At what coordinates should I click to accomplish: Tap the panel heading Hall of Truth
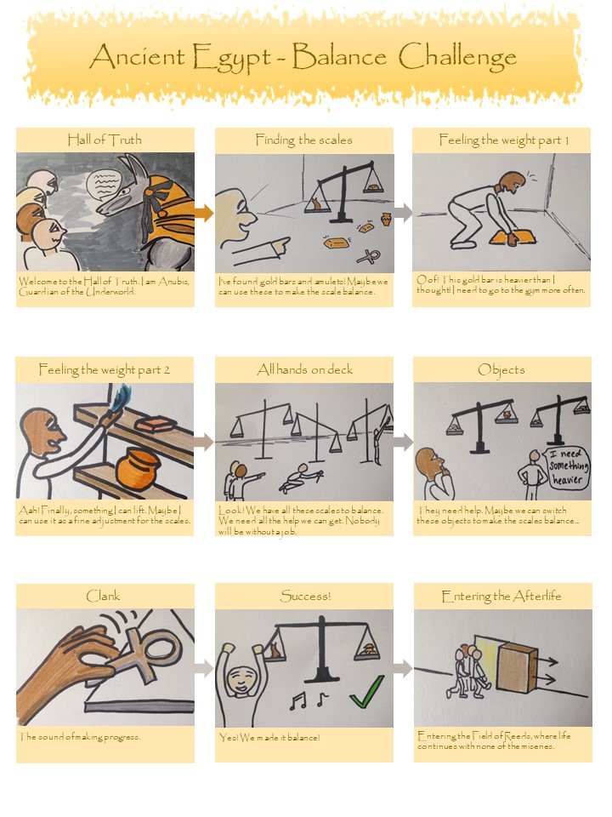[104, 140]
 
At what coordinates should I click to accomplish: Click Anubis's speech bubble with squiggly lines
[103, 184]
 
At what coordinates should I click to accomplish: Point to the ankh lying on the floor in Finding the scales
[368, 256]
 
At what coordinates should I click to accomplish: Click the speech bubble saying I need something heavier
[569, 467]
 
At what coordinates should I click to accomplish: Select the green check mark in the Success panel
[367, 691]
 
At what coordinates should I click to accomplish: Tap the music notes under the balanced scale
[308, 700]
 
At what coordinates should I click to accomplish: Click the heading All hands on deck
[305, 369]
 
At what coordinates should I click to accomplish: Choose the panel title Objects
[501, 370]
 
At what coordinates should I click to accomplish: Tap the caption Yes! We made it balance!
[269, 737]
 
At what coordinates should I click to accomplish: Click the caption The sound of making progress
[80, 737]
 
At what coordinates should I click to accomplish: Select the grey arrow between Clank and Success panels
[205, 669]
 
